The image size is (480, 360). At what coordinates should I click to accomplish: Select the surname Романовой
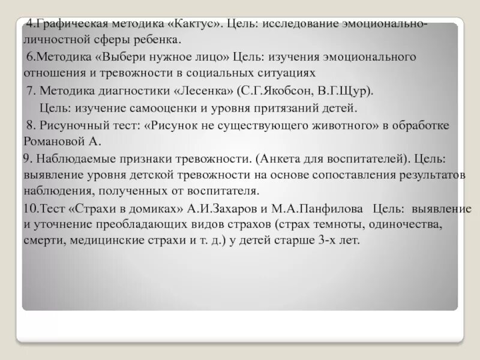coord(50,142)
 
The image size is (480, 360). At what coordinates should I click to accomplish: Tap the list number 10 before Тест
coord(28,209)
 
